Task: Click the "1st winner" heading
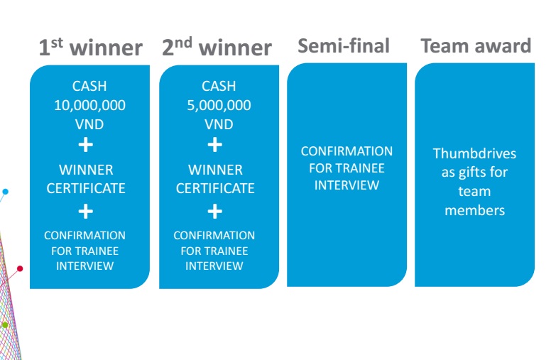pyautogui.click(x=90, y=48)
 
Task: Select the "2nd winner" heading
pyautogui.click(x=217, y=48)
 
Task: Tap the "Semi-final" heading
pyautogui.click(x=344, y=46)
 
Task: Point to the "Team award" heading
pyautogui.click(x=475, y=46)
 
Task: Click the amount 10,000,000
pyautogui.click(x=90, y=105)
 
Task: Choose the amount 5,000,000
pyautogui.click(x=219, y=105)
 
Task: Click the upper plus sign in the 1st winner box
pyautogui.click(x=86, y=146)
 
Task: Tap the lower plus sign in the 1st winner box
pyautogui.click(x=86, y=211)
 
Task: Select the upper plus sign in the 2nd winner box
pyautogui.click(x=214, y=146)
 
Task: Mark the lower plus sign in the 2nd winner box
pyautogui.click(x=214, y=211)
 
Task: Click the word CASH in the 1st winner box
pyautogui.click(x=89, y=87)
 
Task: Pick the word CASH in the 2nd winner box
pyautogui.click(x=219, y=87)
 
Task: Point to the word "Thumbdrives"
pyautogui.click(x=475, y=154)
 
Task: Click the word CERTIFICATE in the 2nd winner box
pyautogui.click(x=215, y=189)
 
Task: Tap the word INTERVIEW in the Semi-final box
pyautogui.click(x=347, y=185)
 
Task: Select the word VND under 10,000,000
pyautogui.click(x=89, y=124)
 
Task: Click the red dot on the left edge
pyautogui.click(x=20, y=268)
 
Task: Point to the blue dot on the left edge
pyautogui.click(x=5, y=192)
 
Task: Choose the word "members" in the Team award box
pyautogui.click(x=474, y=210)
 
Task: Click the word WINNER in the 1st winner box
pyautogui.click(x=86, y=170)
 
